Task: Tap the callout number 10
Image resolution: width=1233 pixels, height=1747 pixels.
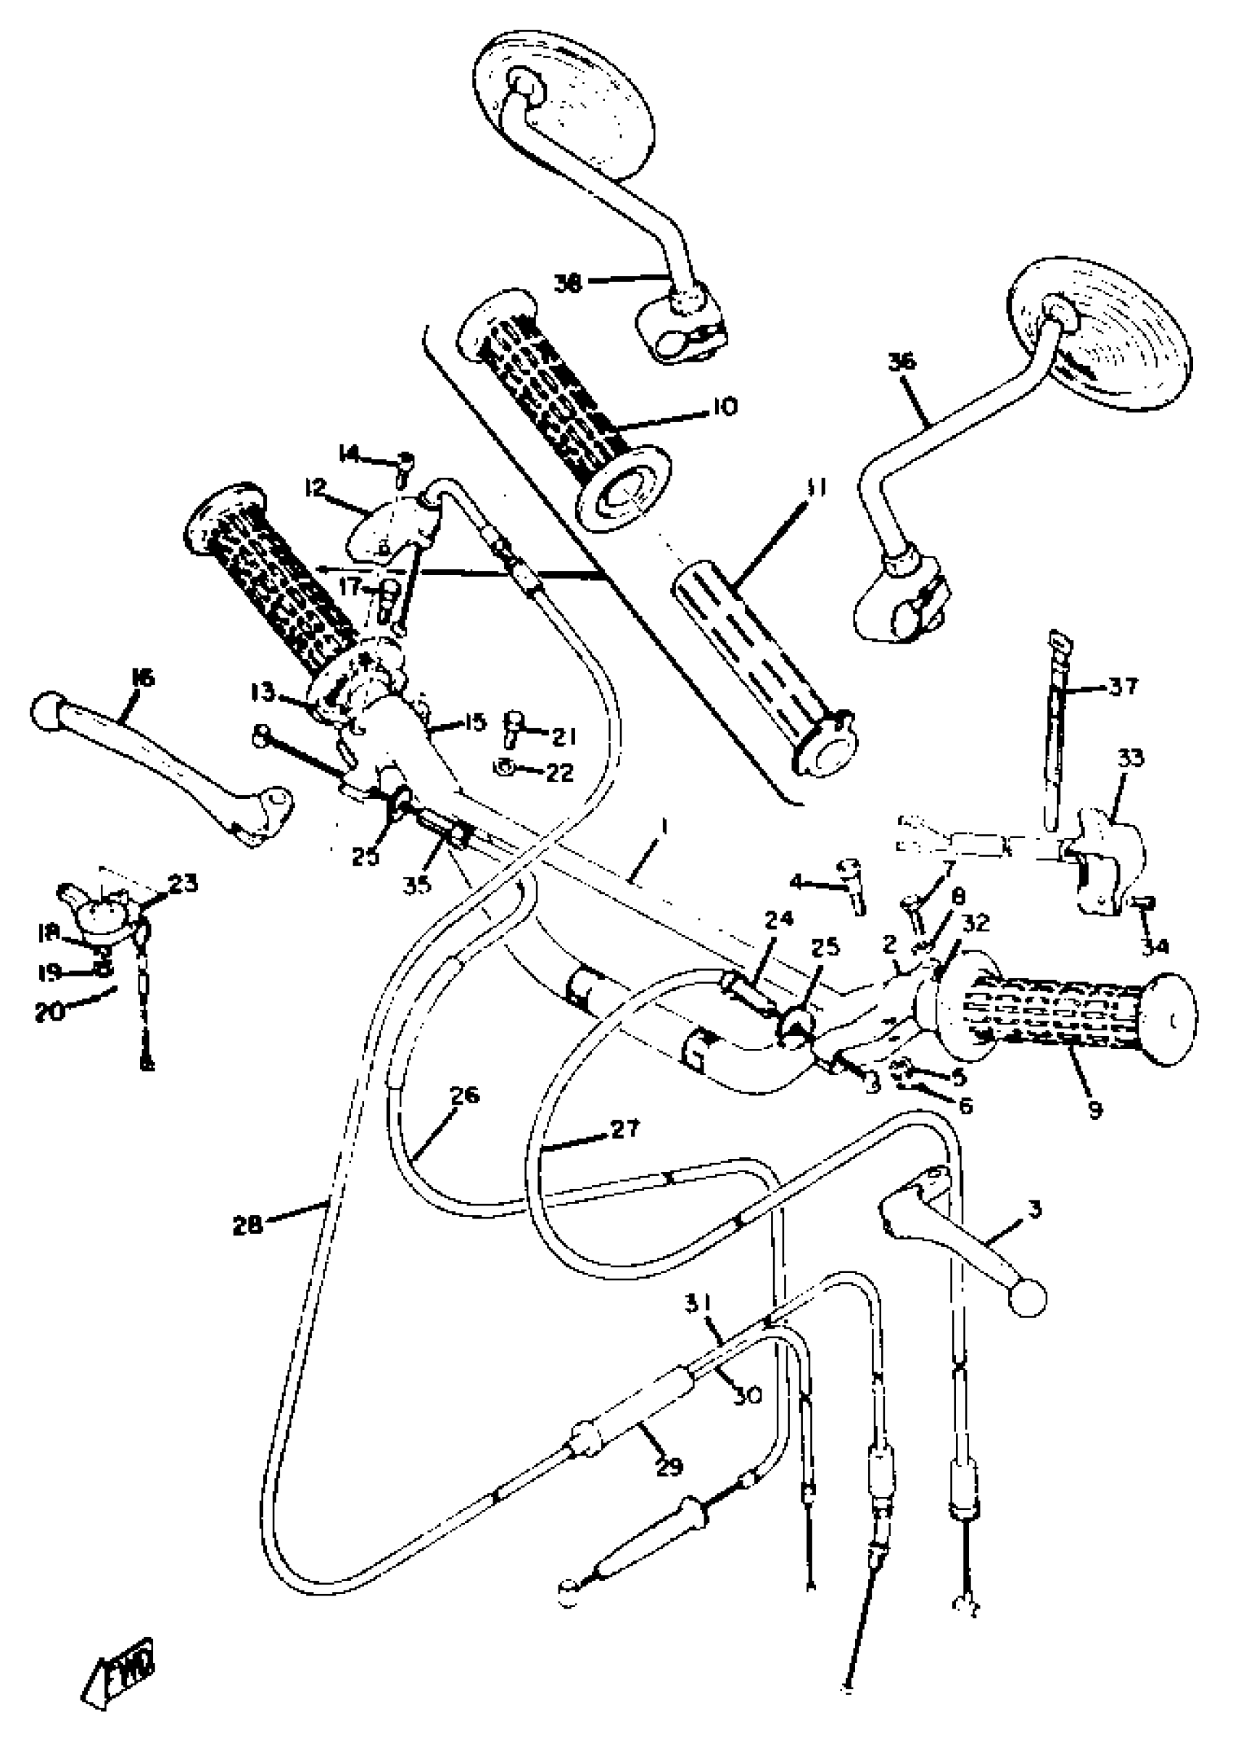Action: tap(725, 407)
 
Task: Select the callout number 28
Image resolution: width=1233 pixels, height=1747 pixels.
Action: tap(248, 1224)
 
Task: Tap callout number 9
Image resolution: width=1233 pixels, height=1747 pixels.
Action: tap(1095, 1110)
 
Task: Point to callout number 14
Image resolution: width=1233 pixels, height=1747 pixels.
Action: tap(350, 455)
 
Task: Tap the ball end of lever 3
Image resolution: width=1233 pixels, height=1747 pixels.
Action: tap(1027, 1299)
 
